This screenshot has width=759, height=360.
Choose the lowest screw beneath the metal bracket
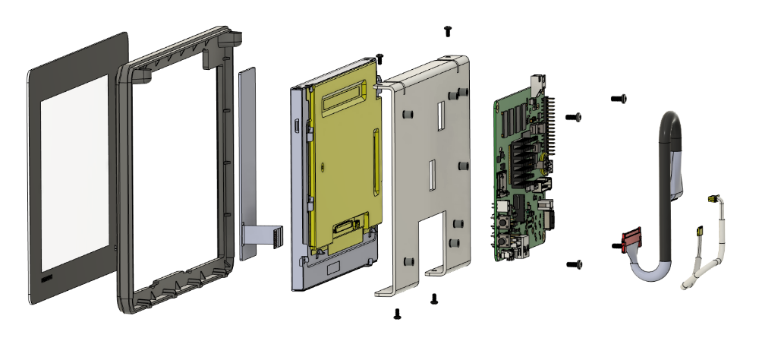click(x=397, y=313)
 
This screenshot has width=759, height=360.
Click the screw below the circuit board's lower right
click(x=575, y=264)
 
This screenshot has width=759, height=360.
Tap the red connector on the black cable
click(x=631, y=242)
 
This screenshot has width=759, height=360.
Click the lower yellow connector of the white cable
click(x=698, y=229)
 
